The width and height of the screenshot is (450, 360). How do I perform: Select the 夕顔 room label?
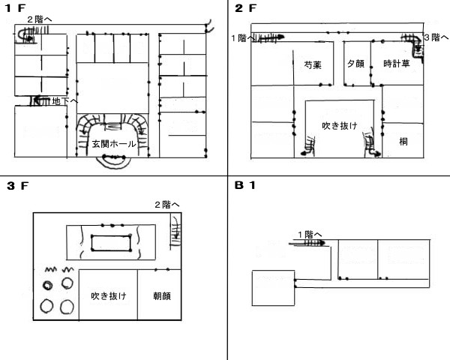[355, 64]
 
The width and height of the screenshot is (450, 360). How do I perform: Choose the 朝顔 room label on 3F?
[162, 296]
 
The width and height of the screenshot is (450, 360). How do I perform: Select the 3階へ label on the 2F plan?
[436, 36]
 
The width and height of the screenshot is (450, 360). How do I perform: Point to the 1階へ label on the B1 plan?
[309, 233]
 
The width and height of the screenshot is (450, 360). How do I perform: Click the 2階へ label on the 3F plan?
[166, 205]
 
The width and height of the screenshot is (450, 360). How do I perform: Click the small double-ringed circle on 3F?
[47, 286]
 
